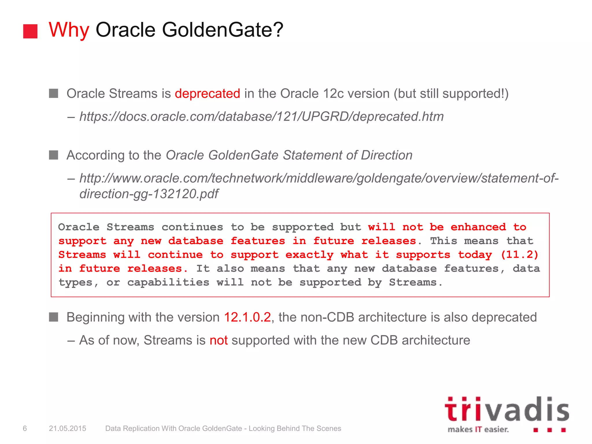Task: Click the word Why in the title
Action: (69, 30)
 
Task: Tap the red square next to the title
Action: (30, 31)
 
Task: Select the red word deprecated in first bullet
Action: (207, 94)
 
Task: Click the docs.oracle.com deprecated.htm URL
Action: (261, 117)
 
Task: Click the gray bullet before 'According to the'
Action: (53, 155)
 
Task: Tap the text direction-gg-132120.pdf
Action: (149, 194)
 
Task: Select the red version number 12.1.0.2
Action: (247, 317)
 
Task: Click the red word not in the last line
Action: (219, 340)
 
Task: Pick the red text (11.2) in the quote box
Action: (519, 255)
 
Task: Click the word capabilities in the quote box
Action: (168, 282)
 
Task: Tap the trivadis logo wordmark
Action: (506, 410)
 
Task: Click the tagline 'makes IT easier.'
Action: (478, 430)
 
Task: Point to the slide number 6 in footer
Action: (25, 428)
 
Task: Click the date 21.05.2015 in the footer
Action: (67, 428)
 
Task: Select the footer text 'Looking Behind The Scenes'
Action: (295, 428)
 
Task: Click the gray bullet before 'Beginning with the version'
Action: (53, 317)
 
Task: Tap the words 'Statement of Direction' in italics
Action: (347, 155)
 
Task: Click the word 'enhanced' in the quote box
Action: (478, 227)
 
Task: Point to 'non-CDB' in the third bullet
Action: (327, 317)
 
